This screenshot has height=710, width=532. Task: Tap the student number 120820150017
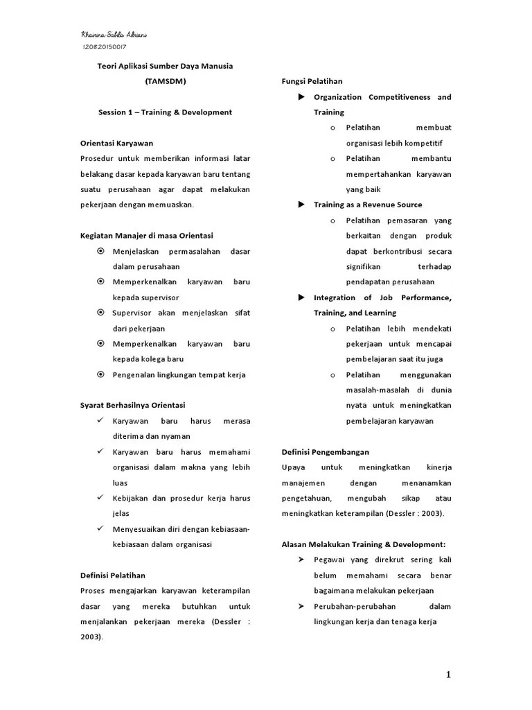point(105,47)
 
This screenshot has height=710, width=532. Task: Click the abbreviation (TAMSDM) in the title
point(165,81)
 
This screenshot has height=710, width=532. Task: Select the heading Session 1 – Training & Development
point(165,112)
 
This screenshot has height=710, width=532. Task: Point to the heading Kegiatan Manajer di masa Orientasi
point(146,236)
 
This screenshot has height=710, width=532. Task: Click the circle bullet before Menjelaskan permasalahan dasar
point(100,251)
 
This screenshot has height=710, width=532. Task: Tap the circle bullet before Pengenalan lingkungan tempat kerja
point(100,374)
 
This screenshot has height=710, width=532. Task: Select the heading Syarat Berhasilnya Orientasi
point(132,405)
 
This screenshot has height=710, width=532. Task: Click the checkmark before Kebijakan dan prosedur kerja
point(100,498)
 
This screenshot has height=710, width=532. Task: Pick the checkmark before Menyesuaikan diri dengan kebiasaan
point(100,528)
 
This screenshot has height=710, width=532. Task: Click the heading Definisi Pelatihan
point(113,575)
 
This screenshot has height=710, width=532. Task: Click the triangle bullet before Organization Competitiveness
point(301,97)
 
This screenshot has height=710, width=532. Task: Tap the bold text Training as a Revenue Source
point(367,205)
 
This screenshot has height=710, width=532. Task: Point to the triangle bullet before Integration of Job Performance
point(301,297)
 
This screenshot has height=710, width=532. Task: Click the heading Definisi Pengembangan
point(325,451)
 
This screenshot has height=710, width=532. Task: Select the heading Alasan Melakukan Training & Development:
point(364,544)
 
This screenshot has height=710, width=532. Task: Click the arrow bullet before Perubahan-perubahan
point(301,606)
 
